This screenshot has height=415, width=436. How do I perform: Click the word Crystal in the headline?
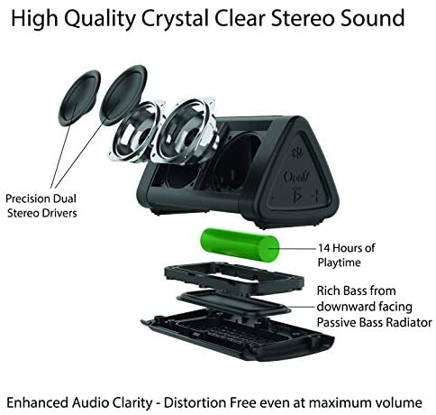click(x=175, y=19)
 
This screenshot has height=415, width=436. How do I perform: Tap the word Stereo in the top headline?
click(x=303, y=18)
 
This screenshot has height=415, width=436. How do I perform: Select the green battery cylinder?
click(x=240, y=244)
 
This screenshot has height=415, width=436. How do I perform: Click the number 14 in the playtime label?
click(x=324, y=248)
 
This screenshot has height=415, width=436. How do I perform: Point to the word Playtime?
click(x=339, y=263)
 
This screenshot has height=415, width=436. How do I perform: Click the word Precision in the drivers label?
click(x=28, y=198)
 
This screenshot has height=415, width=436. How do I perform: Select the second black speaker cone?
click(x=123, y=95)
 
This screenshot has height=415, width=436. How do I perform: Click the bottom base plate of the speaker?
click(x=237, y=336)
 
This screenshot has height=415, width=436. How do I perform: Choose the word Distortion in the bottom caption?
click(x=195, y=402)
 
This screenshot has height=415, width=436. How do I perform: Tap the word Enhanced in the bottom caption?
click(x=37, y=402)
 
